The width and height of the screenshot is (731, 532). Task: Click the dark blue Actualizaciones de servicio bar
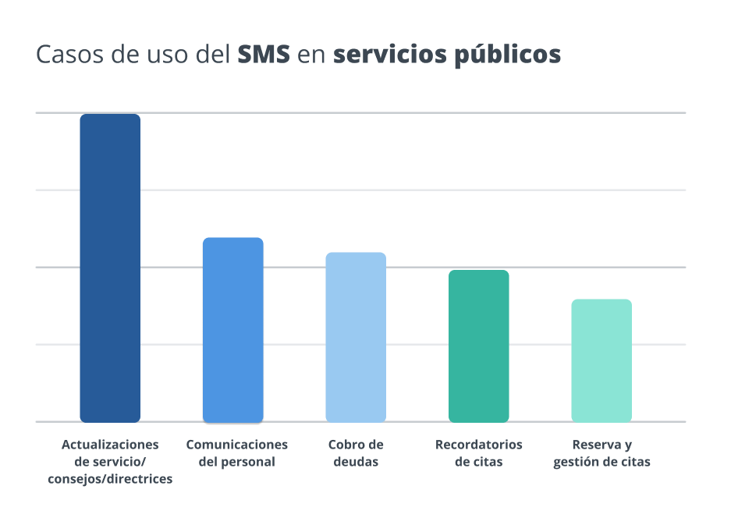point(110,268)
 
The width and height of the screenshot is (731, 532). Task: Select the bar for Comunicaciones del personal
point(233,329)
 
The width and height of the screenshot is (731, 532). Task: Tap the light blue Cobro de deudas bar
point(356,337)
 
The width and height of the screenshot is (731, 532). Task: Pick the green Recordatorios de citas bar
point(479,346)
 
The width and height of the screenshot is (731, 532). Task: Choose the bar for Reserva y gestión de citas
point(601,360)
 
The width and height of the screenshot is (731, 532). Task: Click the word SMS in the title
point(264,55)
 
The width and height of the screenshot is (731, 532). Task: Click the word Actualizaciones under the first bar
point(110,445)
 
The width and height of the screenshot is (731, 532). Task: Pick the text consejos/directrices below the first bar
point(110,479)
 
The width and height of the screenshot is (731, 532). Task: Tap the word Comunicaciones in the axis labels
point(236,445)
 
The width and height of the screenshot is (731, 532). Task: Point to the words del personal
point(236,462)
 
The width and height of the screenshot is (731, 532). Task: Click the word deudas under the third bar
point(356,462)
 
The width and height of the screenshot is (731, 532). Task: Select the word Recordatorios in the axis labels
point(479,445)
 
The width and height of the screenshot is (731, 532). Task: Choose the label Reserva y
point(601,445)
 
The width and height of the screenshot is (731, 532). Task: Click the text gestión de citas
point(601,462)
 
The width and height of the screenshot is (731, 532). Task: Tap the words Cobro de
point(356,445)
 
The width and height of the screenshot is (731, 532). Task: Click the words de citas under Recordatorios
point(479,462)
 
